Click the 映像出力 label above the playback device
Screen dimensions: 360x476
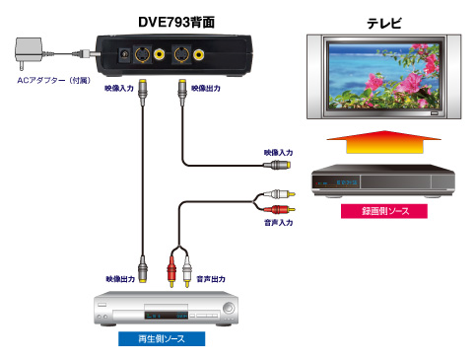pos(120,279)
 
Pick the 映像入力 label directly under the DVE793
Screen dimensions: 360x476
pos(119,89)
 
